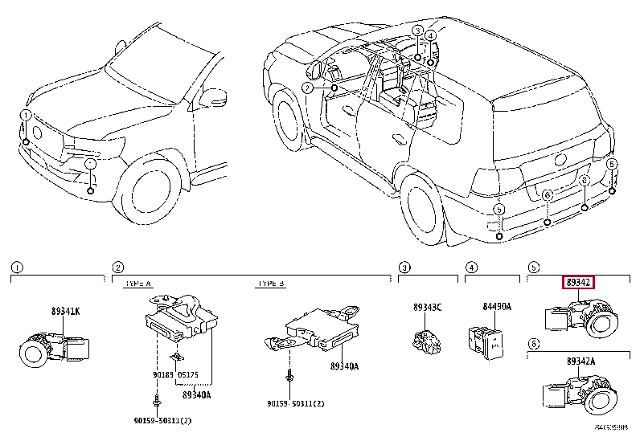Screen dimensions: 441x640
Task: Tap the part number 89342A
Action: (580, 362)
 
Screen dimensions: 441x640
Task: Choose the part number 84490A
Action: (486, 306)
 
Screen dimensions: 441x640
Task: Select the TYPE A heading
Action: (139, 284)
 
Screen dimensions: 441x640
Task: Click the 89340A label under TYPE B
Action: (345, 365)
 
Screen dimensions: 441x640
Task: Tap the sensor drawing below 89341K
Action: (51, 346)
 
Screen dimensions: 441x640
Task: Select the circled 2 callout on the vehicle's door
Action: (307, 87)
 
